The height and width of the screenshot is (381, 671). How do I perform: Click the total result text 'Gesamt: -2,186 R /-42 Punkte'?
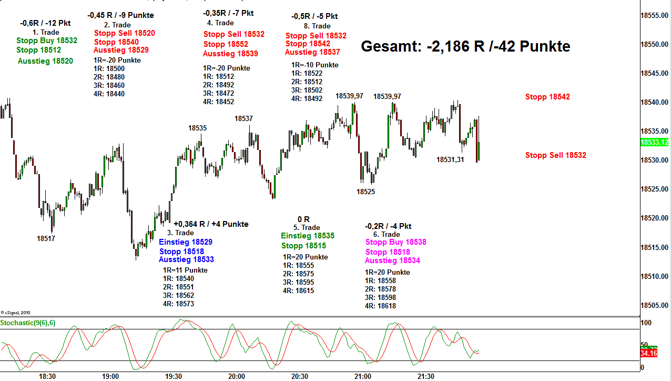pos(465,46)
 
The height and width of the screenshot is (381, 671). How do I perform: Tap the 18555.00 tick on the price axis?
pos(654,15)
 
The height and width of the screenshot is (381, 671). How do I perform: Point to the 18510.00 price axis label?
pos(654,276)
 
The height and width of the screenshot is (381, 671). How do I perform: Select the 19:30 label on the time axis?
pos(174,376)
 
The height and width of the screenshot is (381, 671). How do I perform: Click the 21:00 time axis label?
pos(363,376)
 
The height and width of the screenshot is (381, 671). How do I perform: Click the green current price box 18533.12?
pos(655,142)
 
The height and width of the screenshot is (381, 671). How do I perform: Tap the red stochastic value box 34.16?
pos(649,354)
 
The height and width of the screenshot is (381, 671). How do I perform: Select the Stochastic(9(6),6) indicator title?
pos(28,323)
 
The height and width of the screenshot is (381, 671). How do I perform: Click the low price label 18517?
pos(46,238)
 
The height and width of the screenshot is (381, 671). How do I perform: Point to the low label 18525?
pos(365,192)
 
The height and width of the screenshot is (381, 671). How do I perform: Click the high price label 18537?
pos(243,119)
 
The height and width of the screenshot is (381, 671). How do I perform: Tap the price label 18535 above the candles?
pos(197,128)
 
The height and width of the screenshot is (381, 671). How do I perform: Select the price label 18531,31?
pos(450,159)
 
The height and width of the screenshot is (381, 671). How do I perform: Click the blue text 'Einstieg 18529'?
pos(186,242)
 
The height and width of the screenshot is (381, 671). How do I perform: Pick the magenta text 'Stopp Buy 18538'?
pos(395,242)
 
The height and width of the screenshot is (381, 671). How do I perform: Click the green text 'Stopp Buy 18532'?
pos(47,41)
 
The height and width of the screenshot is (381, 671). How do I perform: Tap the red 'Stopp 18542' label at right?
pos(547,97)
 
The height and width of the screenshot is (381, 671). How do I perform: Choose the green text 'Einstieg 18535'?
pos(308,236)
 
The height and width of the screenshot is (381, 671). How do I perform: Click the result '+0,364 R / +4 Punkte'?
pos(211,224)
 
